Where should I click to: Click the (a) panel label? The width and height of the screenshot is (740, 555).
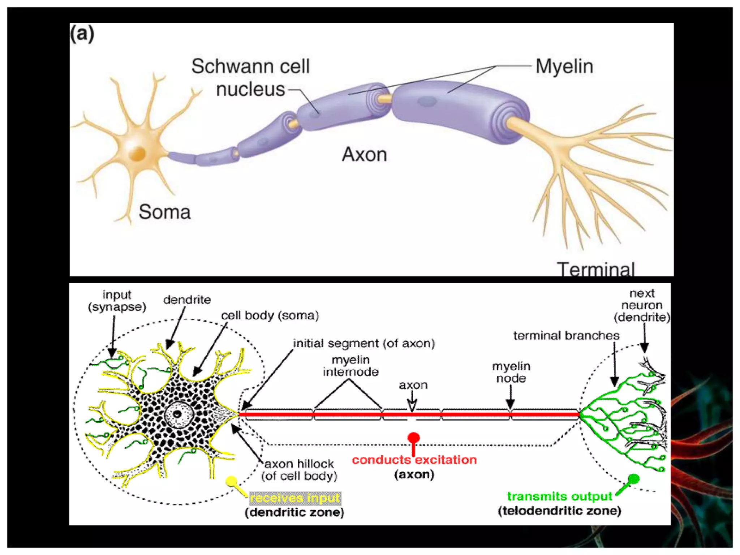82,34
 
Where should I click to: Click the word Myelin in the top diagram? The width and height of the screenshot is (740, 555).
564,66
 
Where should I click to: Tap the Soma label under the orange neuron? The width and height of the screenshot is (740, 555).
164,212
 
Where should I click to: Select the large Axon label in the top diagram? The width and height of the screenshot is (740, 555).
364,154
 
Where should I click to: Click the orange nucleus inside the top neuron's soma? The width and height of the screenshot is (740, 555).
138,153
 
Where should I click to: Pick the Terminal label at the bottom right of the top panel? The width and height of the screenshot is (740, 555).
595,269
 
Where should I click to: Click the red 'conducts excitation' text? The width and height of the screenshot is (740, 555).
414,460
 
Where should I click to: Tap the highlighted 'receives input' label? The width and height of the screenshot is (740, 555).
295,498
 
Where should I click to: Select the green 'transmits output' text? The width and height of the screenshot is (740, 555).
559,496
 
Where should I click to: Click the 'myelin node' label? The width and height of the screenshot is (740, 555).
511,372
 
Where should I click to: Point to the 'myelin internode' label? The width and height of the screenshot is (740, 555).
350,366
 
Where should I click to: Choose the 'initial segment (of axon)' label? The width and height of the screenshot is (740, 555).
364,343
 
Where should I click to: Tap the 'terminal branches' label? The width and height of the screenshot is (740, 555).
566,336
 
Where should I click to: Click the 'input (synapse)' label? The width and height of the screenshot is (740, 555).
117,301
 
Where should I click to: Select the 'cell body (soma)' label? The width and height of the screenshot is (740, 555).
270,315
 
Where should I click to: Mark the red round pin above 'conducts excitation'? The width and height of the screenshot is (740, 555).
413,438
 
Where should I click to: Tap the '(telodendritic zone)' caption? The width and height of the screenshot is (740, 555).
559,511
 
